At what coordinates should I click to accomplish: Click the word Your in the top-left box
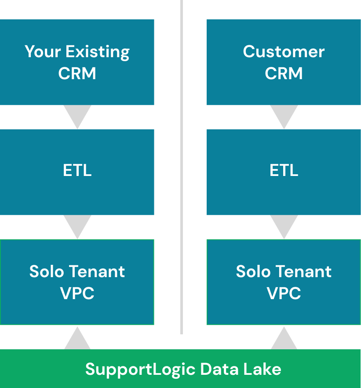pyautogui.click(x=43, y=51)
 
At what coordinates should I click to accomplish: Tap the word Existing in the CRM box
pyautogui.click(x=98, y=52)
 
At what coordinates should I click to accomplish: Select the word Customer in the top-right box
pyautogui.click(x=284, y=51)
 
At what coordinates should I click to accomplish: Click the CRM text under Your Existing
pyautogui.click(x=77, y=73)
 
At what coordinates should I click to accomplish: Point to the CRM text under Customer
pyautogui.click(x=284, y=73)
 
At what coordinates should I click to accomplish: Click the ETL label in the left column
pyautogui.click(x=77, y=170)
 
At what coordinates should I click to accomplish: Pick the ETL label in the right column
pyautogui.click(x=284, y=170)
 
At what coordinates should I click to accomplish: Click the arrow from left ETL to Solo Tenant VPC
pyautogui.click(x=77, y=227)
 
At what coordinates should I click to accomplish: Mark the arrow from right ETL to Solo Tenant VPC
pyautogui.click(x=284, y=227)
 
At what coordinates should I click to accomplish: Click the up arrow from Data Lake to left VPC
pyautogui.click(x=77, y=338)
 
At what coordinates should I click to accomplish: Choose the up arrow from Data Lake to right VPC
pyautogui.click(x=284, y=338)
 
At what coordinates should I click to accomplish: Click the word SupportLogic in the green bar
pyautogui.click(x=140, y=370)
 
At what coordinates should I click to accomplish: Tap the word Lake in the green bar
pyautogui.click(x=262, y=369)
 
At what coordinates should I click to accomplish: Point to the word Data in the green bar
pyautogui.click(x=219, y=369)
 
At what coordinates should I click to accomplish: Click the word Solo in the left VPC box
pyautogui.click(x=47, y=271)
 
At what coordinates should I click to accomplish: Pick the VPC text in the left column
pyautogui.click(x=77, y=293)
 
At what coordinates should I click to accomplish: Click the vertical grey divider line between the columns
pyautogui.click(x=182, y=167)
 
